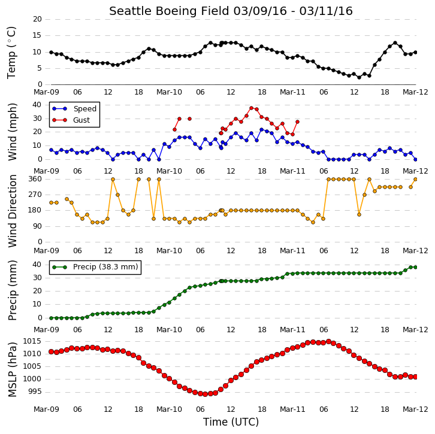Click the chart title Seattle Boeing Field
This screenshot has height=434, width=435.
(x=170, y=11)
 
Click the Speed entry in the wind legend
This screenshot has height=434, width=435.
(x=85, y=108)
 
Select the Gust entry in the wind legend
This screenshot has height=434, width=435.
(x=81, y=120)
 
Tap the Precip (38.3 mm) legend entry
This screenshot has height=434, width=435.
(x=105, y=267)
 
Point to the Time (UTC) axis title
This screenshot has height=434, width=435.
(x=231, y=421)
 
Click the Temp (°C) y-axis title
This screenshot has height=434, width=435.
(x=11, y=53)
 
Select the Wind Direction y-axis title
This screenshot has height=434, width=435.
(x=12, y=211)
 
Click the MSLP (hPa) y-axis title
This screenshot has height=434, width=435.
(x=12, y=370)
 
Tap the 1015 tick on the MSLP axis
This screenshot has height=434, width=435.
(x=32, y=341)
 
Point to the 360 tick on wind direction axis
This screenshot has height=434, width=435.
(x=35, y=179)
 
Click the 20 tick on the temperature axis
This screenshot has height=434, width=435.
(x=37, y=19)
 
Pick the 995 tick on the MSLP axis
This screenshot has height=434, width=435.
(x=35, y=392)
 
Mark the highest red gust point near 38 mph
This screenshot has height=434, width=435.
(x=251, y=108)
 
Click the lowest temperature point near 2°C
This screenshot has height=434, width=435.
(x=359, y=78)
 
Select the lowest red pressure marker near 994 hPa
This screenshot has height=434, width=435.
(x=205, y=394)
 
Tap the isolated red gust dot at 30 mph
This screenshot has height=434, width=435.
(x=189, y=119)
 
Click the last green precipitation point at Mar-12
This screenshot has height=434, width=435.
(x=415, y=267)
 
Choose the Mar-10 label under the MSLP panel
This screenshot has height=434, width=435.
(x=169, y=409)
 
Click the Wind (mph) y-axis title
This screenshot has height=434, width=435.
(x=12, y=132)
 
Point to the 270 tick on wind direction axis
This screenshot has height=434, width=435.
(x=35, y=195)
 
